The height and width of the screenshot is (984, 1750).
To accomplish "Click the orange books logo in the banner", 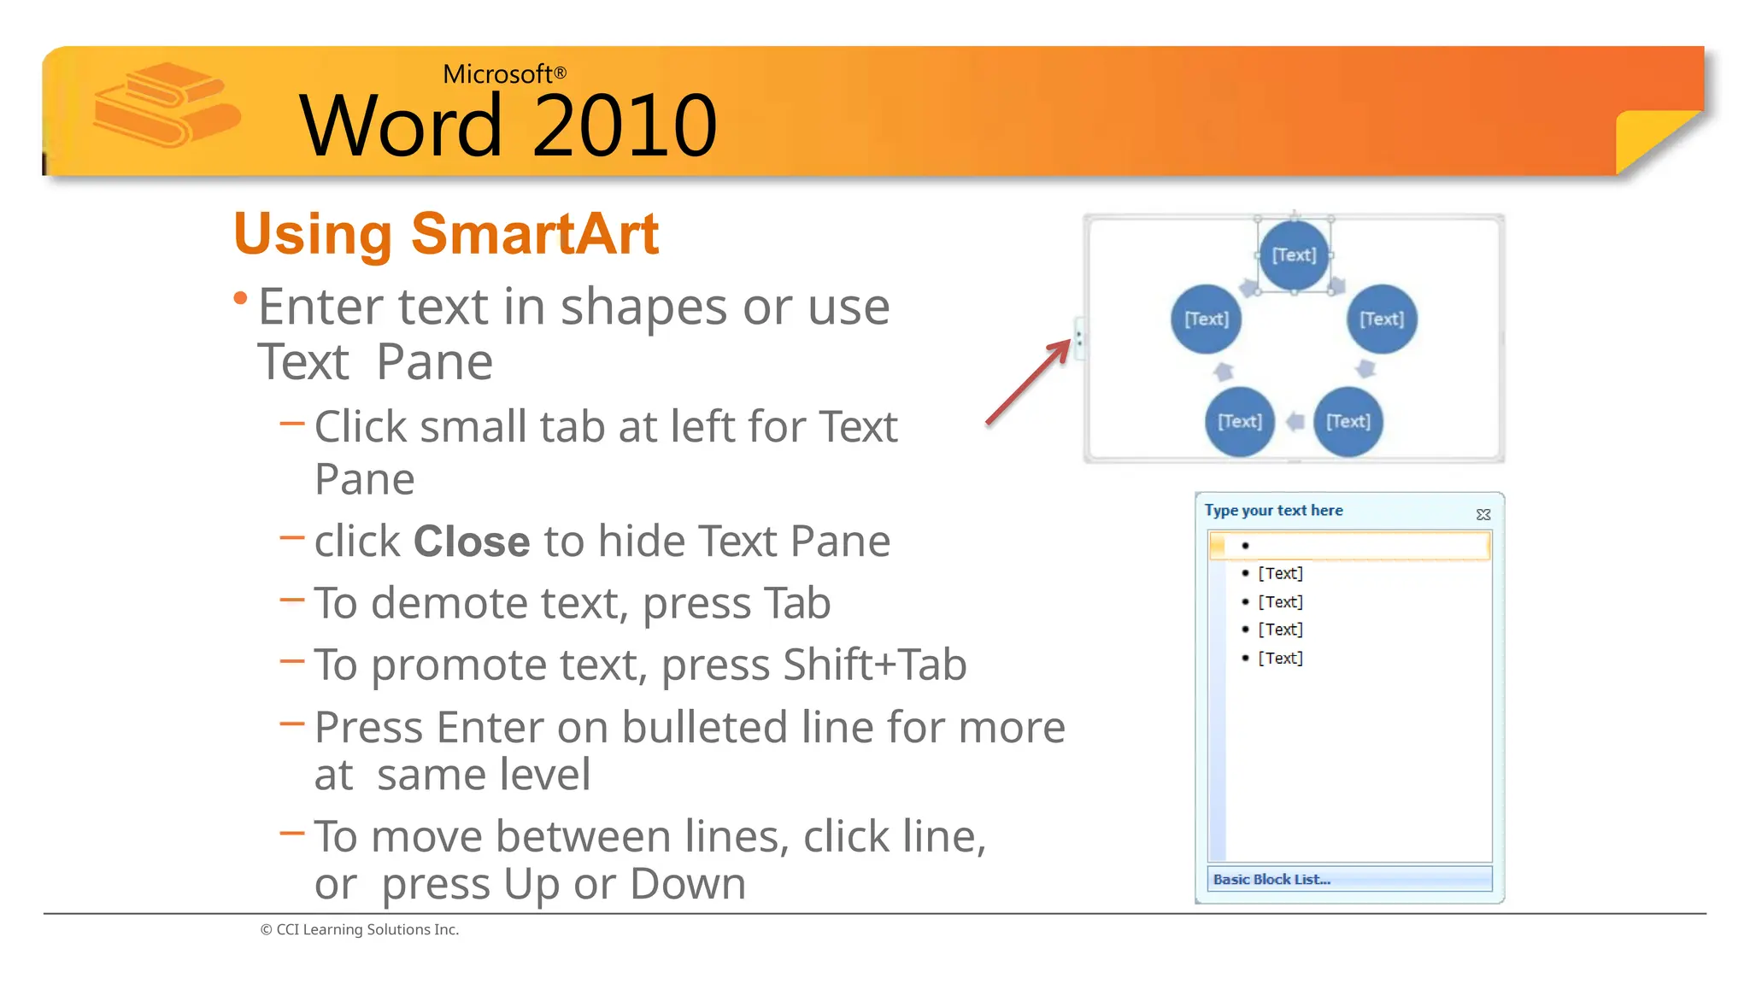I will point(164,104).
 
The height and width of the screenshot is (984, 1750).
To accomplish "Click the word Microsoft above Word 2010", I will point(497,74).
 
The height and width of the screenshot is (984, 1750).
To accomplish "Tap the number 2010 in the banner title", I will point(625,126).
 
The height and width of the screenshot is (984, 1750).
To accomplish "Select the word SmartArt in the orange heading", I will point(535,233).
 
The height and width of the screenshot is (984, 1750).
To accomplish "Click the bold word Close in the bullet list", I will point(472,542).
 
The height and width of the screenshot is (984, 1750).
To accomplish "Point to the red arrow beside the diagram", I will point(1028,382).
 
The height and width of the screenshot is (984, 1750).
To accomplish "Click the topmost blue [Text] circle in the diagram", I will point(1294,255).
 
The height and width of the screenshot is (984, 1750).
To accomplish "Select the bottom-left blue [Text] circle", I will point(1239,421).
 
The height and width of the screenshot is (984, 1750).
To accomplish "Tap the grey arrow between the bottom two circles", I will point(1295,421).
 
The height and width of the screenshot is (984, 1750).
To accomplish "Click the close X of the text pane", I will point(1483,514).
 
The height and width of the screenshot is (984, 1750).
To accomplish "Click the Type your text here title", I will point(1273,511).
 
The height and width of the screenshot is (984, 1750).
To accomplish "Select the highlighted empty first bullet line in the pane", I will point(1350,545).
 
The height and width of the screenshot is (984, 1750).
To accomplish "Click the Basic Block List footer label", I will point(1271,879).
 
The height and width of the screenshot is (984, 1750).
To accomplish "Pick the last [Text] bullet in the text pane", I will point(1280,658).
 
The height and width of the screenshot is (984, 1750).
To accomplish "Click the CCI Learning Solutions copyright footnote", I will point(360,929).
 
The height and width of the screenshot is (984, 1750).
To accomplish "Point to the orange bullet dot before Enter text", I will point(241,298).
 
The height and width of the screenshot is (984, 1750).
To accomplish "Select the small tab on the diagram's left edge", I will point(1079,337).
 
